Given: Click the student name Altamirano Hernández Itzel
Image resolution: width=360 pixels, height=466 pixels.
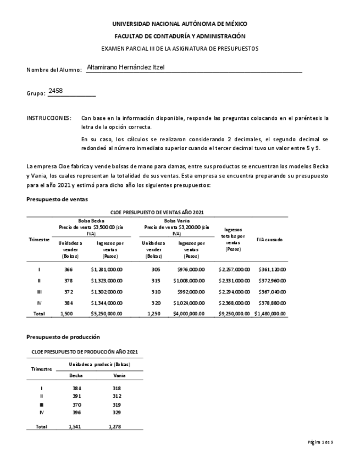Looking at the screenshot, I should [x=126, y=68].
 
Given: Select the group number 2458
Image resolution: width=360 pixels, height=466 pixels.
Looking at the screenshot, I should [x=56, y=91].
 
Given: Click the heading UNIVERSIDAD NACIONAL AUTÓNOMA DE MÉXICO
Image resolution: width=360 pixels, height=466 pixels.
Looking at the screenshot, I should [x=180, y=24].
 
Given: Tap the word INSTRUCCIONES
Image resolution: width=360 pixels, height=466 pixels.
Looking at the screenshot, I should [x=49, y=118].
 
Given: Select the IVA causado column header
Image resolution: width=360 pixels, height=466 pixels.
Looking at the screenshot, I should [x=269, y=239].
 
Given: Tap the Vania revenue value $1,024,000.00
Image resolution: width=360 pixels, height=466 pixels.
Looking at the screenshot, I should [x=191, y=302].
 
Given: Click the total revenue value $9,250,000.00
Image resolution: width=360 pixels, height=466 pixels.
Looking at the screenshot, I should [x=234, y=313].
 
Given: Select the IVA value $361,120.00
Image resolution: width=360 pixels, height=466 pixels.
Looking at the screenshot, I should [x=272, y=269].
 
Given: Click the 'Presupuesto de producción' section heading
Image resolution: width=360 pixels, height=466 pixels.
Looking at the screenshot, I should [x=63, y=336].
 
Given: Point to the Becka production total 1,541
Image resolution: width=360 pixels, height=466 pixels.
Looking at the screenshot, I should [x=76, y=426].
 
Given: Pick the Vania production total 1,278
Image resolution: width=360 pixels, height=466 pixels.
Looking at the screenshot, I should [x=116, y=426].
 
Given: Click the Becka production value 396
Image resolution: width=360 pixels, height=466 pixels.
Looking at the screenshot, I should [x=76, y=412].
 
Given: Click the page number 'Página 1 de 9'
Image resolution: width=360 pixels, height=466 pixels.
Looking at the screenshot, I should [x=320, y=442].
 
